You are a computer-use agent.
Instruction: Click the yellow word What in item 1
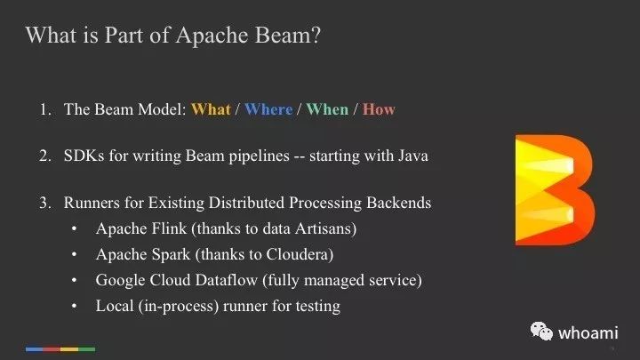[211, 109]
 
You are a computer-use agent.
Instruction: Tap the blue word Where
[268, 109]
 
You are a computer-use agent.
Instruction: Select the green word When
[327, 109]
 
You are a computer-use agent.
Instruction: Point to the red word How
[379, 109]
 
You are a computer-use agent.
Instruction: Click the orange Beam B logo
[555, 190]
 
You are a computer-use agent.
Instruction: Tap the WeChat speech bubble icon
[541, 331]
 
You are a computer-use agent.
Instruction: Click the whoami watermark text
[588, 333]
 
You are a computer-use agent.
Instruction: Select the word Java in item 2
[413, 156]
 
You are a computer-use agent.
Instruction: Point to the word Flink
[169, 228]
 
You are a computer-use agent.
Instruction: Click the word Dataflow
[226, 280]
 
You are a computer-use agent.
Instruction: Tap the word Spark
[172, 255]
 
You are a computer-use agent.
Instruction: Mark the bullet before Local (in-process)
[74, 306]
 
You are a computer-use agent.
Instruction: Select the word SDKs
[84, 156]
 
